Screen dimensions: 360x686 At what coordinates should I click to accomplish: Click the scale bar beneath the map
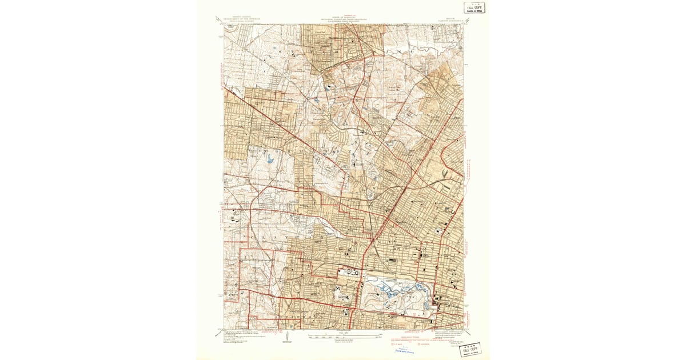point(343,334)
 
